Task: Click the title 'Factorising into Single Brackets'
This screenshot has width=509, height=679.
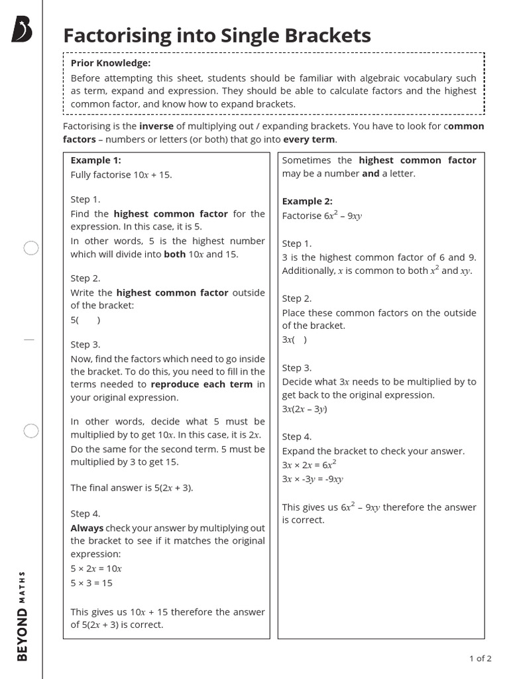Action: (x=217, y=36)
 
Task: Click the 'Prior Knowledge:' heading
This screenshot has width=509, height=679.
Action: (x=111, y=63)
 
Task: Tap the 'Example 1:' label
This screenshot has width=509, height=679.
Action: (x=95, y=160)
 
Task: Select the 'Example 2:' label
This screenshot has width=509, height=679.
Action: (x=307, y=201)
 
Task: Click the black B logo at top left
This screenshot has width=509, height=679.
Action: (x=22, y=30)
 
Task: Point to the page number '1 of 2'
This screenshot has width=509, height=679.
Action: (x=480, y=658)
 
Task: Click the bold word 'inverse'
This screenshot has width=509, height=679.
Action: (x=156, y=126)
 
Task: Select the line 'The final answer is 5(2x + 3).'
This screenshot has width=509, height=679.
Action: (x=132, y=487)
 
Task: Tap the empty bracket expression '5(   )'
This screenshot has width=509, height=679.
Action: (x=85, y=320)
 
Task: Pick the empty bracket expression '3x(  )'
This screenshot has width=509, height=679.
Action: (x=294, y=339)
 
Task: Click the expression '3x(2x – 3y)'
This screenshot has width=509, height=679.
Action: (x=304, y=409)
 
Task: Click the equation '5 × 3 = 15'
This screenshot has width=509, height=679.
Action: (x=91, y=583)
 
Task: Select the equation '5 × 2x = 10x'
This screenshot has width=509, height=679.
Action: (x=96, y=568)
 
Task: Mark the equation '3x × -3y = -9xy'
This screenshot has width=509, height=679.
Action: (x=312, y=479)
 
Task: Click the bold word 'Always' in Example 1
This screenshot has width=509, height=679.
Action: (x=87, y=528)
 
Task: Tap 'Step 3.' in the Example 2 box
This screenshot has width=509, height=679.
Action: (x=296, y=367)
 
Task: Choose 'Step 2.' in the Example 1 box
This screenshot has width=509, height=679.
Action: (x=85, y=278)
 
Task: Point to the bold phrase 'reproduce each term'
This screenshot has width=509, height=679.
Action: (x=201, y=385)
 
